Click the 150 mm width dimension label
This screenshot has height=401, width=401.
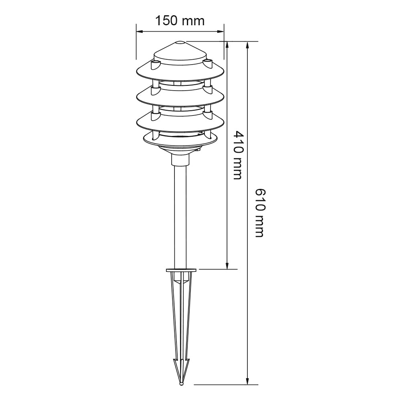[x=180, y=20]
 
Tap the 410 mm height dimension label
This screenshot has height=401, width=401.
[x=237, y=155]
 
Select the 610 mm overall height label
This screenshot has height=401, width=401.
[x=260, y=213]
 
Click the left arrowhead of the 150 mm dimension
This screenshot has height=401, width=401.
[x=140, y=32]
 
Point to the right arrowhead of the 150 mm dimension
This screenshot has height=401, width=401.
[x=221, y=32]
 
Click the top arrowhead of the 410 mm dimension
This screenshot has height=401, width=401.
[x=227, y=45]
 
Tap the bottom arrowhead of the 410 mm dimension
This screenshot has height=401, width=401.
[x=227, y=265]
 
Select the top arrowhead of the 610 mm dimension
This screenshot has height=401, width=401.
[x=247, y=45]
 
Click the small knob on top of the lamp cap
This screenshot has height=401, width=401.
[x=180, y=43]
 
